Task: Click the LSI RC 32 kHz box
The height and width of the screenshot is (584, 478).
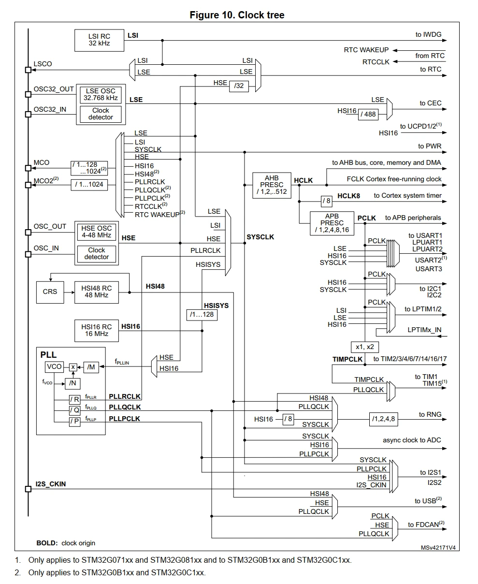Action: (x=99, y=40)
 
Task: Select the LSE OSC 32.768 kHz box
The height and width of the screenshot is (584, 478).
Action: (x=101, y=94)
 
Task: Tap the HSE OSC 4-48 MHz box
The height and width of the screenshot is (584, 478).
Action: (x=97, y=232)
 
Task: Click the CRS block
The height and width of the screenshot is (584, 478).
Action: (x=50, y=292)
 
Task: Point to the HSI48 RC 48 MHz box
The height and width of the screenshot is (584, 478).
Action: (x=97, y=292)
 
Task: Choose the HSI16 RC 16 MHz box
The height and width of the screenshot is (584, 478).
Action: (x=97, y=330)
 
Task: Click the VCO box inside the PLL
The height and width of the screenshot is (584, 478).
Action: (x=54, y=366)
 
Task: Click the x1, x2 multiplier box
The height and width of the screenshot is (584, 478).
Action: (x=364, y=347)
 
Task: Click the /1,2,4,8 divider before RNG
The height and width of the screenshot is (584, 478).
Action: (x=383, y=419)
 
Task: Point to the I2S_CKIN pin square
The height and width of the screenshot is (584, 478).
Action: (x=28, y=489)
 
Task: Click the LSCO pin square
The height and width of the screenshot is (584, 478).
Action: (x=28, y=70)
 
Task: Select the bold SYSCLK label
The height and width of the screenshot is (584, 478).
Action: (x=260, y=237)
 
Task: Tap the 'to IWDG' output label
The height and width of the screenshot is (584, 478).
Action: (x=428, y=34)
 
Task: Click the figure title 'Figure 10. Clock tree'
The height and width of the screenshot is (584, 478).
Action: (x=237, y=15)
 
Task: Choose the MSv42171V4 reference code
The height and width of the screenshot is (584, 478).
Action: (x=438, y=548)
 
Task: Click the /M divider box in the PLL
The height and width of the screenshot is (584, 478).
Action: (x=91, y=367)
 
